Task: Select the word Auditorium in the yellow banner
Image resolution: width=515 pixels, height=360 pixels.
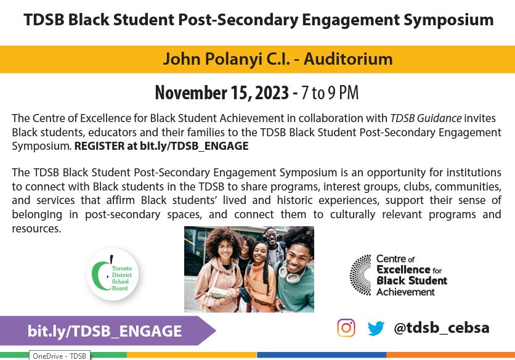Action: pos(348,59)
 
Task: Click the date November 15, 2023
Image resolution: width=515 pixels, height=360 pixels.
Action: pos(222,93)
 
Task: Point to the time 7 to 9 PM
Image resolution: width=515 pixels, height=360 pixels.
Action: pos(330,93)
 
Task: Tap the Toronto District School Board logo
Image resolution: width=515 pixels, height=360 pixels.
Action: pos(112,274)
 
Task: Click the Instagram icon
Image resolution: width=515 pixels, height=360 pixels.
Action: pos(346,328)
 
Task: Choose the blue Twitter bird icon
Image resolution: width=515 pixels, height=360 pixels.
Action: pos(376,328)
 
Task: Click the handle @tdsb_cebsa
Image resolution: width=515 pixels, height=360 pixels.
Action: pos(441,328)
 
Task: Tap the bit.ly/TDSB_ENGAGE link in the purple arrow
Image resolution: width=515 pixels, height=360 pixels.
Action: pos(105,331)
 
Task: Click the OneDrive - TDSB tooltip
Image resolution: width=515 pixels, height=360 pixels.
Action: pos(60,356)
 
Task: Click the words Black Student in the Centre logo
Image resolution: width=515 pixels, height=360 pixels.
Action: pos(412,280)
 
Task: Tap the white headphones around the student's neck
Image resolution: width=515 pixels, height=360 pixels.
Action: pos(288,271)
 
